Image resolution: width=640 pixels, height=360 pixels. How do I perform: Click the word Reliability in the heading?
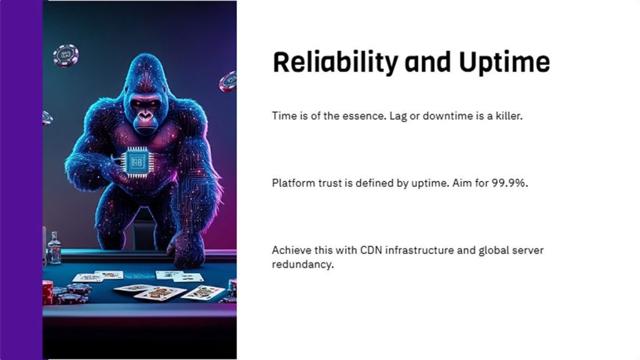(335, 63)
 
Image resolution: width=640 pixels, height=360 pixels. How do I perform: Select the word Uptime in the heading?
(504, 63)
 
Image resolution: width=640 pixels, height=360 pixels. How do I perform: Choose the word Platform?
(292, 183)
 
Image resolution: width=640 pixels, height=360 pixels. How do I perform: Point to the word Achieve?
(291, 250)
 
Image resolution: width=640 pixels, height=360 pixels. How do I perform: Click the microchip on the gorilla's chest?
(137, 161)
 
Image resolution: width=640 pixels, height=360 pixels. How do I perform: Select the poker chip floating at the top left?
(66, 56)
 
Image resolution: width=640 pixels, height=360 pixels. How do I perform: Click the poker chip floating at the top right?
(228, 81)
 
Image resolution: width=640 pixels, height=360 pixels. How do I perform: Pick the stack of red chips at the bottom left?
(47, 292)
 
